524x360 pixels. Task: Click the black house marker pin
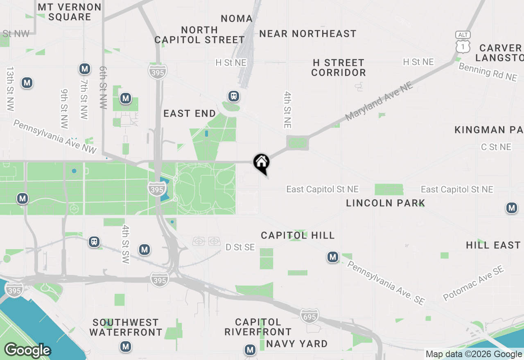click(x=261, y=162)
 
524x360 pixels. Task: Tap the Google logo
click(x=27, y=351)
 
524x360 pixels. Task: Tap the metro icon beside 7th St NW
click(x=85, y=69)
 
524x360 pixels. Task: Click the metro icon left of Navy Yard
click(x=250, y=350)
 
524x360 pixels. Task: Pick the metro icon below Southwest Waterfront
click(x=126, y=347)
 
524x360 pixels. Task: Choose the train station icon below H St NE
click(x=234, y=96)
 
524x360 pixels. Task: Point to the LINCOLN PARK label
click(x=385, y=203)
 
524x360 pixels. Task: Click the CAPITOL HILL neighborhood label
click(x=298, y=235)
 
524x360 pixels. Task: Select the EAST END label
click(x=190, y=113)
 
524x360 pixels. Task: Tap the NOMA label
click(x=237, y=18)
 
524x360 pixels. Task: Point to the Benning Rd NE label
click(x=488, y=72)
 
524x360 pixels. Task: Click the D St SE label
click(x=240, y=247)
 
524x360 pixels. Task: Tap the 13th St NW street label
click(x=10, y=89)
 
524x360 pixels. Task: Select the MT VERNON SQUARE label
click(x=70, y=12)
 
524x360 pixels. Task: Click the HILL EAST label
click(x=493, y=245)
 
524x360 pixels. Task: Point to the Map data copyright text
click(x=474, y=354)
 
